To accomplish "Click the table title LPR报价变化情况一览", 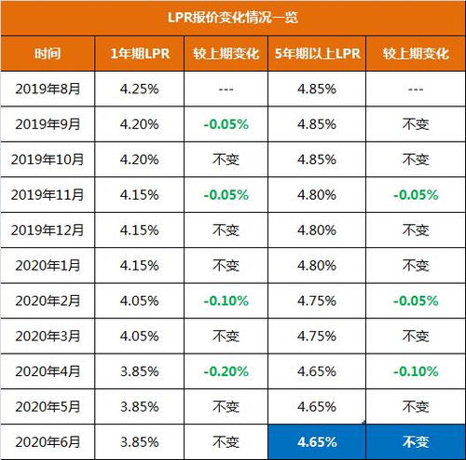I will (x=233, y=18).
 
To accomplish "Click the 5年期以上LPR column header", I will (x=317, y=54).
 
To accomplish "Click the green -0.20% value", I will (x=226, y=371).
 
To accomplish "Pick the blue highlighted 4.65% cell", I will (x=317, y=441).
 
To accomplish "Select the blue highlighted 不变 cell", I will (x=415, y=441).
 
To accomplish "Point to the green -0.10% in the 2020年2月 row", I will (x=226, y=300).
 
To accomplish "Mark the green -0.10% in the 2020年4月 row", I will (x=415, y=371).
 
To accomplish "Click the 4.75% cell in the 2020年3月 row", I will (x=317, y=336).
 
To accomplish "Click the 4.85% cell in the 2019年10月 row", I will (x=317, y=160).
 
